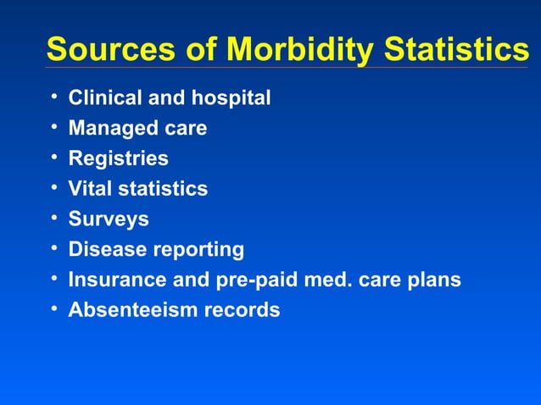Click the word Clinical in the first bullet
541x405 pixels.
105,98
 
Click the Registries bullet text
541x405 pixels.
118,159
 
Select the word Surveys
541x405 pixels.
109,219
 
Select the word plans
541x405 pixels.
435,280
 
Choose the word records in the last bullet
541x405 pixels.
241,310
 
